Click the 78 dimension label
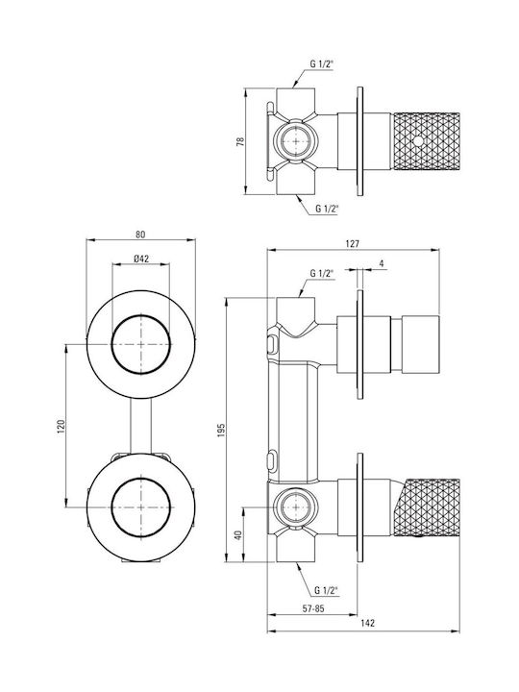pos(240,141)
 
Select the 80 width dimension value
pos(140,235)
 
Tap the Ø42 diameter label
pos(140,259)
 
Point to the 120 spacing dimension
pos(61,427)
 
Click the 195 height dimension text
pos(221,431)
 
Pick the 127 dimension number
pos(353,243)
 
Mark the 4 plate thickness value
pos(382,264)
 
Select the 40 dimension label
pos(238,535)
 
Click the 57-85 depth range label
pos(313,608)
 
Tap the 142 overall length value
pos(367,623)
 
